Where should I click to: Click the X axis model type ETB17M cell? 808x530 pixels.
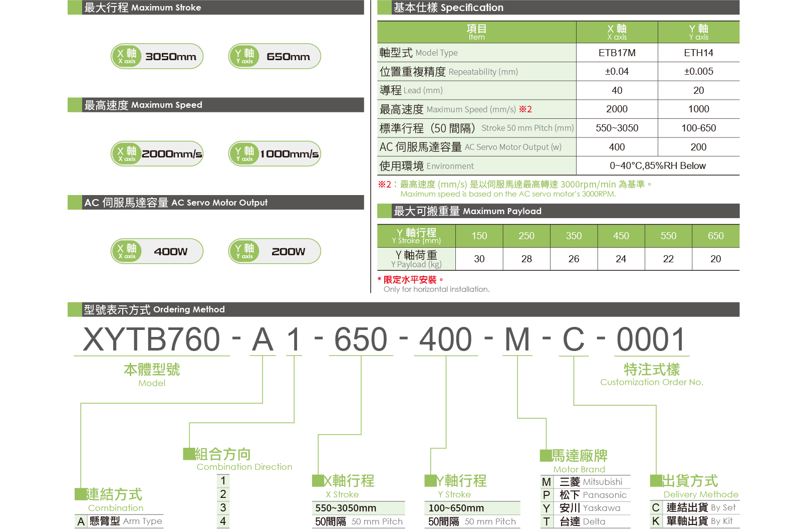617,53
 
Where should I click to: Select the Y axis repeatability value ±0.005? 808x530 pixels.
699,72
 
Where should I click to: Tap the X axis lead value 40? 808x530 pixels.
617,90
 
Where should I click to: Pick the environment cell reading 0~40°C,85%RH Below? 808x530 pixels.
658,165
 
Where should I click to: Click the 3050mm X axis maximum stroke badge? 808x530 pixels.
157,56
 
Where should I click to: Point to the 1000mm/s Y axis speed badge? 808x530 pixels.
275,154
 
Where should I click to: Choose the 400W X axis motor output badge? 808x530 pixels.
157,251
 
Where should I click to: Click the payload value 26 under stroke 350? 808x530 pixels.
574,259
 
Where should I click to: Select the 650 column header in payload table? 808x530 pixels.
716,236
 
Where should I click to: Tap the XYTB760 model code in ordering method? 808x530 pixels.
151,339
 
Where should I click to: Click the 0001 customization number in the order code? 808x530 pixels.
651,339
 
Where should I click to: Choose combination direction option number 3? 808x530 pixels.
223,507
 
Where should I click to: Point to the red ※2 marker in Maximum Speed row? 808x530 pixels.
525,109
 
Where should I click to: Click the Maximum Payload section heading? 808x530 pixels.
467,211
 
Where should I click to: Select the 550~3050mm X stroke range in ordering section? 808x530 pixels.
346,508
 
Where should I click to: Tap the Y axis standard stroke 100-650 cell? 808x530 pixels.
699,128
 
